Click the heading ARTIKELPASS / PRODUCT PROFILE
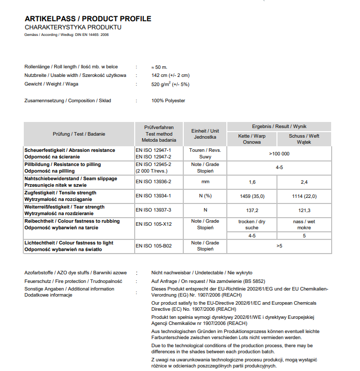[x=88, y=19]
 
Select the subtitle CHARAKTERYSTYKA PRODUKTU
[x=73, y=27]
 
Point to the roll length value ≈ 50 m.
[x=159, y=67]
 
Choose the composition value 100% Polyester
[x=168, y=101]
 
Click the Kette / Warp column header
[x=252, y=139]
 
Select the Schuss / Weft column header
[x=304, y=139]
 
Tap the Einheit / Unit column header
[x=205, y=134]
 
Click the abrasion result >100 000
[x=279, y=153]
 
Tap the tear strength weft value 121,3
[x=304, y=210]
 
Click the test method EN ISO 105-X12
[x=154, y=224]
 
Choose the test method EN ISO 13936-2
[x=153, y=181]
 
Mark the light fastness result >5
[x=279, y=245]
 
